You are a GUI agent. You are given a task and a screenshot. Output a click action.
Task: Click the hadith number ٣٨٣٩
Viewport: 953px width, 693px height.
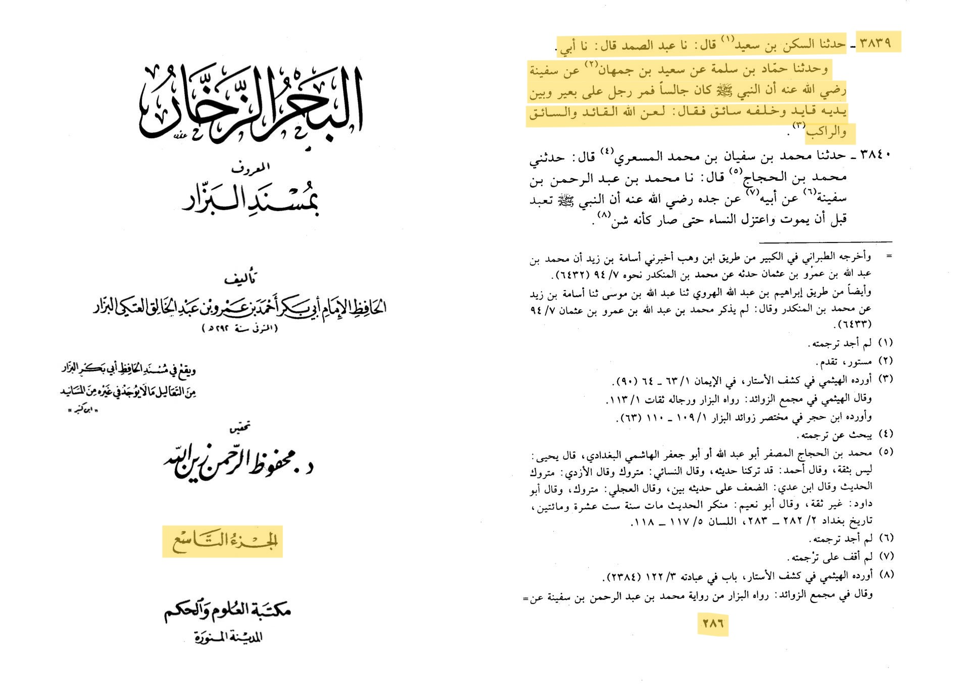[x=875, y=43]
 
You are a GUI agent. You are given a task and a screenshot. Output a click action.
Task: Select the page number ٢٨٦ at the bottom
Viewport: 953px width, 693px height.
[x=713, y=624]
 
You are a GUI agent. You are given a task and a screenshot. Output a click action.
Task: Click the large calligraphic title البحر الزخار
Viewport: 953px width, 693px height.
[x=251, y=104]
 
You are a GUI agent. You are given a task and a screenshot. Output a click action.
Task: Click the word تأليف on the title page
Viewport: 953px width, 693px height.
[x=241, y=277]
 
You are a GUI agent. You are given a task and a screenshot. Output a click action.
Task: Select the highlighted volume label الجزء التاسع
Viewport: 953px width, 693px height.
[x=223, y=542]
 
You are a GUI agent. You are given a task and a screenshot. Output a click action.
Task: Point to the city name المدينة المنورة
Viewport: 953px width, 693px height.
[x=228, y=637]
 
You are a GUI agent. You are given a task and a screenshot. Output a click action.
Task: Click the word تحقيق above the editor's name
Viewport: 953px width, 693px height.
[x=240, y=428]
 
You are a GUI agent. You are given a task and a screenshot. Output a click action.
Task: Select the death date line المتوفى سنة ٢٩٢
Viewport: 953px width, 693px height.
[x=240, y=328]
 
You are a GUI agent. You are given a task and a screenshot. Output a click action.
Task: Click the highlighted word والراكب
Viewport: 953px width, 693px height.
[x=826, y=133]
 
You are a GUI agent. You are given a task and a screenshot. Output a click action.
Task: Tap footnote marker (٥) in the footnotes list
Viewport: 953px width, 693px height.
[x=885, y=452]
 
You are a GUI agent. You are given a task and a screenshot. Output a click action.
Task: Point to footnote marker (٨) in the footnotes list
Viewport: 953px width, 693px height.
[x=885, y=575]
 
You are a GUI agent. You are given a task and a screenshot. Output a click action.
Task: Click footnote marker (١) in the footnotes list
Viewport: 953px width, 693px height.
[x=885, y=343]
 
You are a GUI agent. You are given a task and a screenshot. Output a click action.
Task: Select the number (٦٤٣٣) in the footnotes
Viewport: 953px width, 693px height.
[x=855, y=323]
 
